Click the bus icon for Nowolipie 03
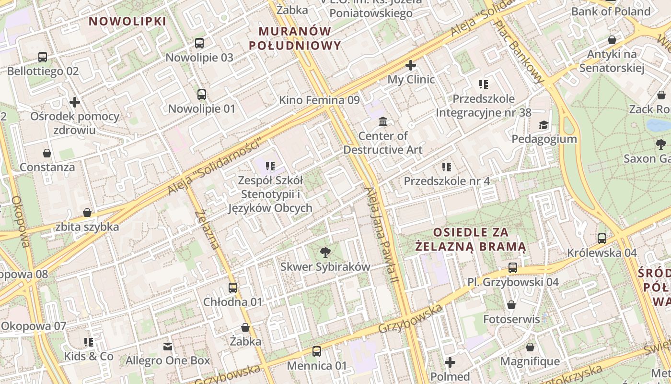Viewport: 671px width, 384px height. click(199, 43)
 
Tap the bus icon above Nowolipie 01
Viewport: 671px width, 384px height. click(202, 95)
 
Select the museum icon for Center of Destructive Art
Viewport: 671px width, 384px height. click(382, 121)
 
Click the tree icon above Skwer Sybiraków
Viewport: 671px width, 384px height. click(325, 252)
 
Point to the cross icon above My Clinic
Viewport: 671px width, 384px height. click(411, 65)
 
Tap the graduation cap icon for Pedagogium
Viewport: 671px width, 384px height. click(543, 125)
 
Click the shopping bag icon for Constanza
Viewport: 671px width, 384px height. click(47, 153)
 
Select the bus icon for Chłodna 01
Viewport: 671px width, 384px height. click(233, 288)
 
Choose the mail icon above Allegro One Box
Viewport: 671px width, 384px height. click(168, 346)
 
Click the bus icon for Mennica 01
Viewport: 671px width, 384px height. click(316, 351)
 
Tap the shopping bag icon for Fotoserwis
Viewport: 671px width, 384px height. click(511, 305)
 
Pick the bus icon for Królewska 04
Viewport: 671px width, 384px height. click(602, 239)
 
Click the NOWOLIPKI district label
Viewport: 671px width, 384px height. click(127, 22)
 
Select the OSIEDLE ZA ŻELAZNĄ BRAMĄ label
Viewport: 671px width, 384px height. click(470, 240)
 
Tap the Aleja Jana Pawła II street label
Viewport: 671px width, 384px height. click(382, 234)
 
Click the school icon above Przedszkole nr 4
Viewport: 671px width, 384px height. click(447, 167)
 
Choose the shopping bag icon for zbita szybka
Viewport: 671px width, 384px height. click(87, 213)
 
